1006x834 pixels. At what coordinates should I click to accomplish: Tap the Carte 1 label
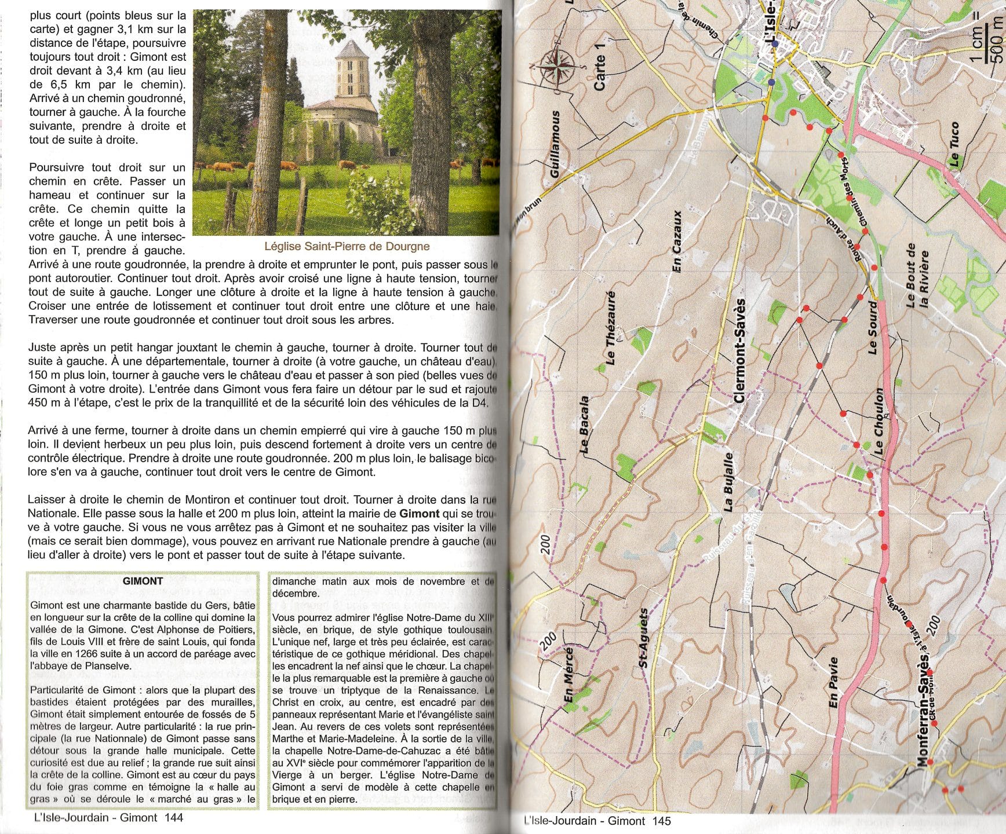point(599,72)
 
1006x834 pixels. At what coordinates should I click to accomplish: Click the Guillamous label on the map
point(556,144)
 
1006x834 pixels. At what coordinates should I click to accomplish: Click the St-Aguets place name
point(643,638)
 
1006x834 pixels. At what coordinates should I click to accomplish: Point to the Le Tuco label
point(954,145)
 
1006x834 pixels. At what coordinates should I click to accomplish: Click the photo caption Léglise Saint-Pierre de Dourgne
point(347,246)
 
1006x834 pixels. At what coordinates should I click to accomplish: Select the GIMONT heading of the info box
point(143,581)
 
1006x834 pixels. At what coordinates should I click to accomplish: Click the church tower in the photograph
point(352,69)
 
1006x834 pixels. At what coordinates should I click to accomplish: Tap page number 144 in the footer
point(173,818)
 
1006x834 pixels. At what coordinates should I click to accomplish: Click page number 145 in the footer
point(661,821)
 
